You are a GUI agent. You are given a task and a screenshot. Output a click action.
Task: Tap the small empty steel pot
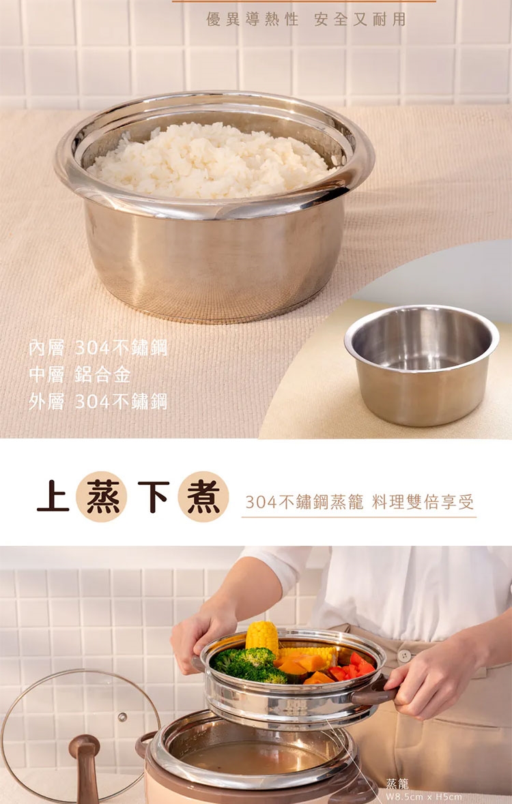422,364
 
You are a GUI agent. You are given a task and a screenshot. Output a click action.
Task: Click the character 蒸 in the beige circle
101,497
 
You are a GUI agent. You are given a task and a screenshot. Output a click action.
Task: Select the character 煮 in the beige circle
203,497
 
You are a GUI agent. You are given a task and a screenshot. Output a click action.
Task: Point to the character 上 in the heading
53,496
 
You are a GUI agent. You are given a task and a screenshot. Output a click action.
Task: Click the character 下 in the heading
153,496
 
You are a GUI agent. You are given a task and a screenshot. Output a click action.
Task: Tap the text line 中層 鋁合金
80,375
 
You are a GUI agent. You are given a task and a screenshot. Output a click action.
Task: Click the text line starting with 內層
98,348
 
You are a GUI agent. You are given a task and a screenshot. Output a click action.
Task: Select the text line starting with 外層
98,402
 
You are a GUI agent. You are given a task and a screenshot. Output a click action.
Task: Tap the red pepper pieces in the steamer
354,666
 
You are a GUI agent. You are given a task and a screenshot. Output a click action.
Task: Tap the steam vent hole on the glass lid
122,716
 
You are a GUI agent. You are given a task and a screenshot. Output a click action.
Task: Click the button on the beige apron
404,655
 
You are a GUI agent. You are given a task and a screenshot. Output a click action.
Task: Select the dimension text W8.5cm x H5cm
423,797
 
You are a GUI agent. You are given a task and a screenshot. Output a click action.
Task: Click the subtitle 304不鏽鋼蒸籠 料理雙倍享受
360,502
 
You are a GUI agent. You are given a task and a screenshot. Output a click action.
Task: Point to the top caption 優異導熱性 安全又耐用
306,20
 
